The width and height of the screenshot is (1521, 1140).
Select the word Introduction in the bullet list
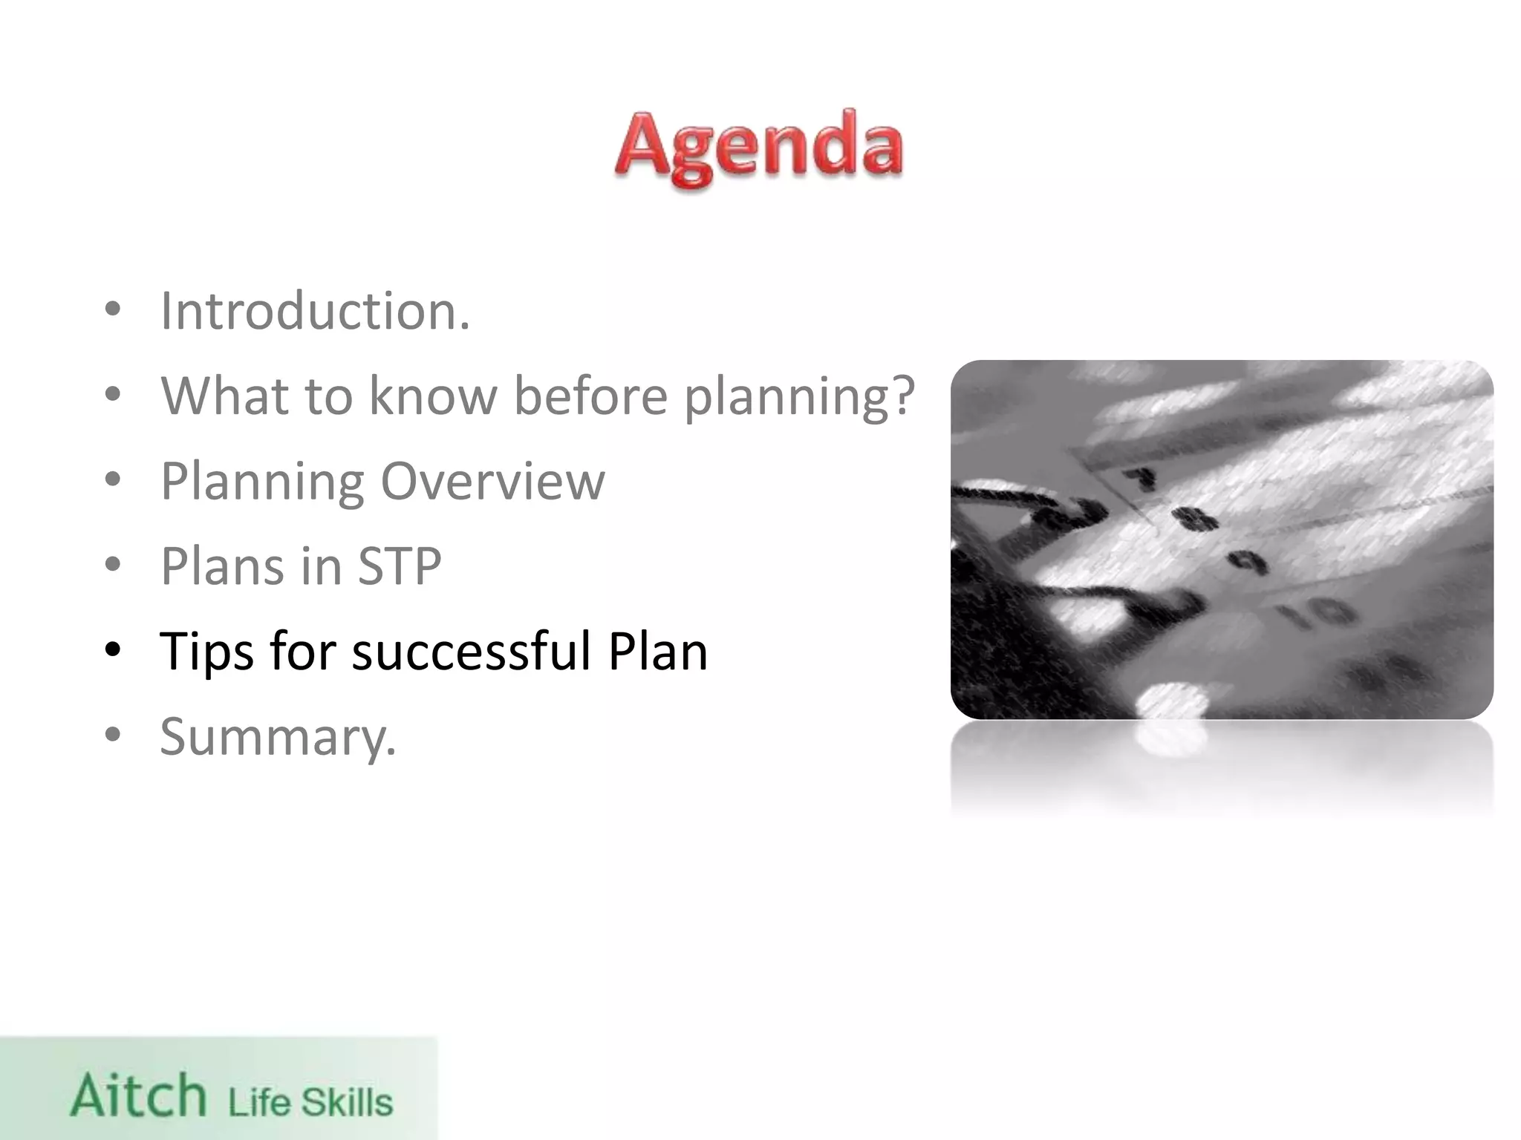(315, 311)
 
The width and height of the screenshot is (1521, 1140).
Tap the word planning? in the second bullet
(799, 398)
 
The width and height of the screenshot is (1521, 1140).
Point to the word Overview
(492, 482)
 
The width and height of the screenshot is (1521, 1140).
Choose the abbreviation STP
(400, 566)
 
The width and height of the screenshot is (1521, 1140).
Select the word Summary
(278, 737)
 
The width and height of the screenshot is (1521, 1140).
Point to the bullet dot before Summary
(113, 736)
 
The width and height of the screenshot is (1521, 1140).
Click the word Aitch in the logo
(139, 1095)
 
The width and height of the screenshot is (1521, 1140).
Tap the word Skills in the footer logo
(346, 1103)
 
